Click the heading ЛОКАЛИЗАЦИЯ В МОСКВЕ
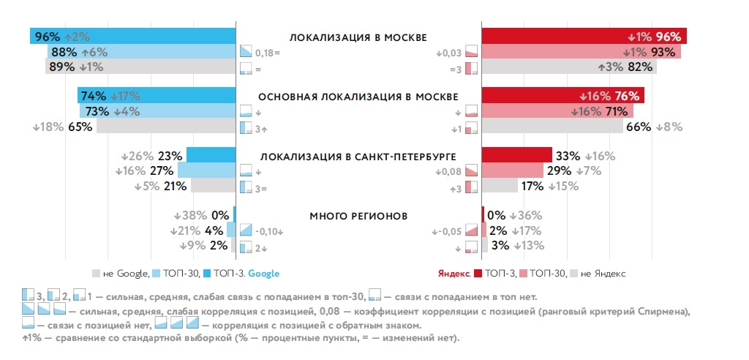[358, 37]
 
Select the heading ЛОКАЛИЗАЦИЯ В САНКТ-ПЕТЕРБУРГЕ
[358, 157]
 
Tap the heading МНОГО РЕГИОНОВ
[358, 216]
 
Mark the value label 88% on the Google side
[63, 52]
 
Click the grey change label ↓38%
[190, 216]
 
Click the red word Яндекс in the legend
[453, 273]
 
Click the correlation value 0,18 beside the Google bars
[265, 53]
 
